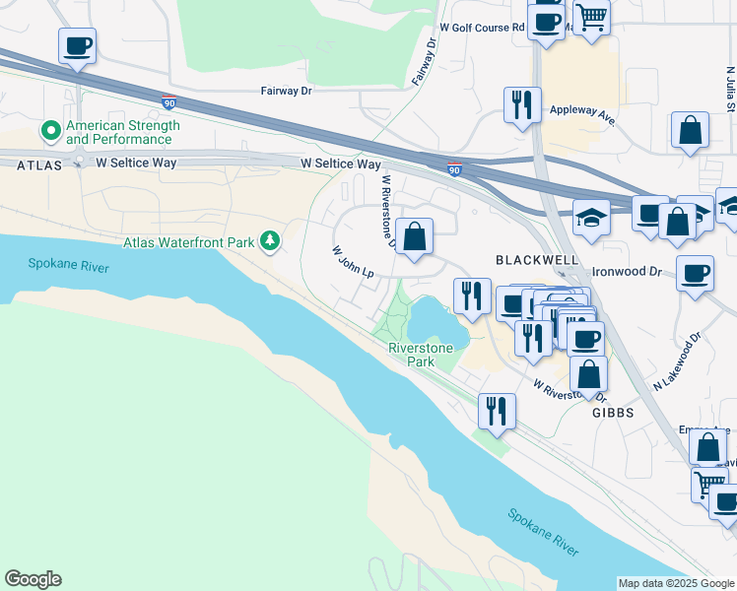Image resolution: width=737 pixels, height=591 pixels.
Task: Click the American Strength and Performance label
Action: tap(121, 132)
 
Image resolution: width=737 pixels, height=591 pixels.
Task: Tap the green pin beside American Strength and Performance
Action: tap(48, 130)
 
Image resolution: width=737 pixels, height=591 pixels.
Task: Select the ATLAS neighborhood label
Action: tap(38, 165)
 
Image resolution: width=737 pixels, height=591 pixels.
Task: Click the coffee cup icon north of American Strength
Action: tap(77, 44)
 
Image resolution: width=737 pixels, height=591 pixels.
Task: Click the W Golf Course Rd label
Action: tap(482, 28)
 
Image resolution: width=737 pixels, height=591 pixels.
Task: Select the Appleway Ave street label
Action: tap(582, 113)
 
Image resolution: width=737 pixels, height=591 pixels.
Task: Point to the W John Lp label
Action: tap(353, 262)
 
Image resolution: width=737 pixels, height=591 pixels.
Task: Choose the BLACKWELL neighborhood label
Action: tap(536, 260)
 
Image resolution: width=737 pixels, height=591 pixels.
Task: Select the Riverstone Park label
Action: tap(422, 355)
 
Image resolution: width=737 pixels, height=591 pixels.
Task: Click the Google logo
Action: tap(33, 579)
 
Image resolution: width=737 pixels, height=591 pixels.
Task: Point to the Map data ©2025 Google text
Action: tap(675, 583)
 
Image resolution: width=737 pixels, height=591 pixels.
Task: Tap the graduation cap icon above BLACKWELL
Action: tap(591, 217)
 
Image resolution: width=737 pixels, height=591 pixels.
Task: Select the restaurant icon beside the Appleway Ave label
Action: tap(522, 103)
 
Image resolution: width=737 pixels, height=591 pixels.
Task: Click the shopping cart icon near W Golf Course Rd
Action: tap(591, 15)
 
